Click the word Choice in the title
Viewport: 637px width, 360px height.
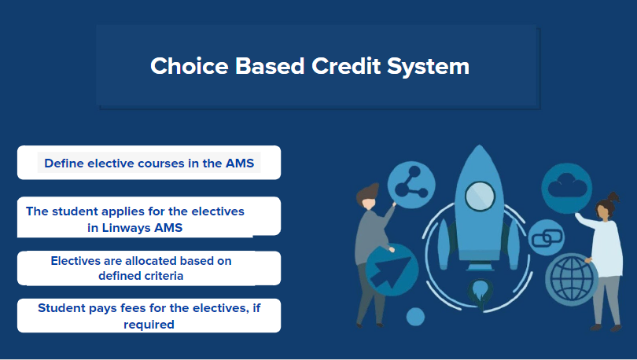pyautogui.click(x=190, y=66)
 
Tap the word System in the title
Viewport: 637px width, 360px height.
pyautogui.click(x=428, y=67)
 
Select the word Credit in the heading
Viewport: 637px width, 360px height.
pyautogui.click(x=346, y=66)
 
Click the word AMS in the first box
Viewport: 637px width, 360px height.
pyautogui.click(x=240, y=163)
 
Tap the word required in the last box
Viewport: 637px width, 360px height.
pyautogui.click(x=149, y=325)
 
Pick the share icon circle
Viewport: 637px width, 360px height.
pyautogui.click(x=411, y=185)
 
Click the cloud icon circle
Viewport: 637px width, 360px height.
pyautogui.click(x=567, y=188)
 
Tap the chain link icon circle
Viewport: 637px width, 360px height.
pyautogui.click(x=547, y=237)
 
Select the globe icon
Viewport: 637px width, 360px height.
pyautogui.click(x=571, y=279)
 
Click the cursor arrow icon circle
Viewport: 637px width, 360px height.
pyautogui.click(x=392, y=270)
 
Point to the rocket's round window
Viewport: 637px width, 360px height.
pyautogui.click(x=480, y=197)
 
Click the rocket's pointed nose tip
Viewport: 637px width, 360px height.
pyautogui.click(x=480, y=145)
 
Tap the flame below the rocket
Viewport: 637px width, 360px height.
pyautogui.click(x=481, y=292)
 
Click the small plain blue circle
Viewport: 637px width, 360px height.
pyautogui.click(x=415, y=317)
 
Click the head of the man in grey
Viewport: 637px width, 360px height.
pyautogui.click(x=368, y=197)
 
